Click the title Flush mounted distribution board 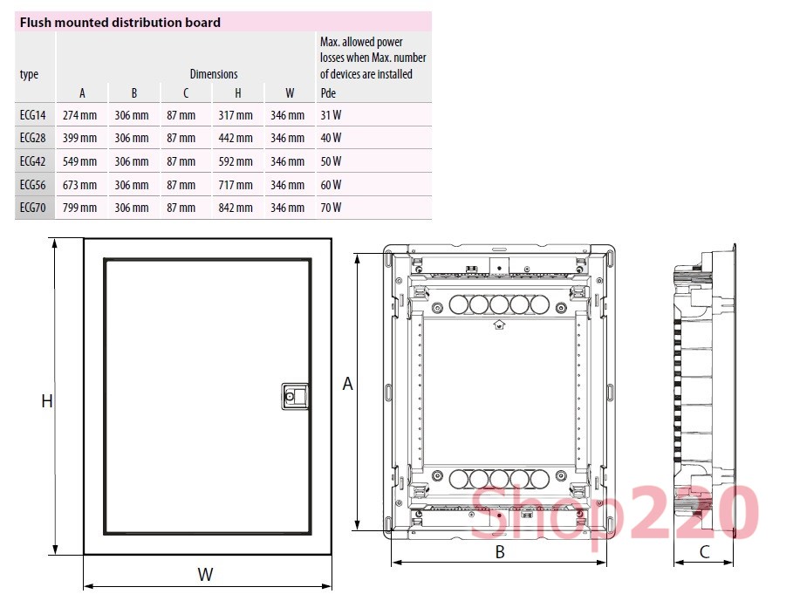(x=120, y=23)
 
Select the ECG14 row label (x=32, y=115)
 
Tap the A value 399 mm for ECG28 (x=79, y=138)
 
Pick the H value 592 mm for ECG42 (x=236, y=161)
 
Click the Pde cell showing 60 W (x=331, y=185)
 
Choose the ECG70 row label (x=32, y=208)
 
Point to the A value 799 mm (x=79, y=208)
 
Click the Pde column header (x=328, y=93)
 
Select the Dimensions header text (x=214, y=74)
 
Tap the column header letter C (x=186, y=93)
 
